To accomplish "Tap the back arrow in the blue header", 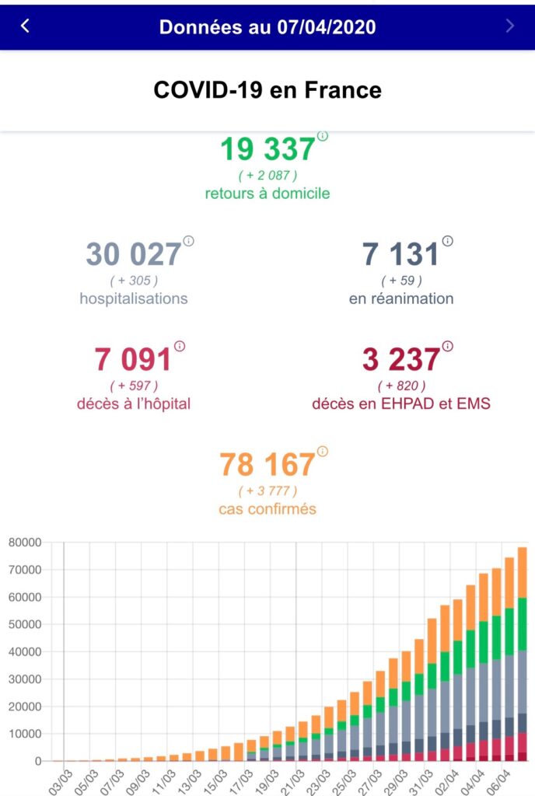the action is [25, 26].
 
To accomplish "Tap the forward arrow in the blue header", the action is [509, 26].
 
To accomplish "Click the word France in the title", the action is [343, 90].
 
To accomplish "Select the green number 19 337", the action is [267, 148].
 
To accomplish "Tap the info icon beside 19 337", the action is [322, 136].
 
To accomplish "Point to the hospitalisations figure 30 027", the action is [134, 254].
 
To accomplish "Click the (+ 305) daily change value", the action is [134, 280].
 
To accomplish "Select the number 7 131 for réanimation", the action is [400, 254].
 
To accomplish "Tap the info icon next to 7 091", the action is [180, 346].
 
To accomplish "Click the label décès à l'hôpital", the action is [134, 404].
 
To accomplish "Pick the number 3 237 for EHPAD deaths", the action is [401, 359].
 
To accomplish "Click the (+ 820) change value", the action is [401, 386].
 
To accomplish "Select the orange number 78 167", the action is [267, 465].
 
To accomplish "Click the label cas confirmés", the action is [267, 509].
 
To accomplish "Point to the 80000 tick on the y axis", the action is [25, 542].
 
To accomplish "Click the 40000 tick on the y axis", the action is [25, 652].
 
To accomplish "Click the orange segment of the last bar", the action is [522, 573].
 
